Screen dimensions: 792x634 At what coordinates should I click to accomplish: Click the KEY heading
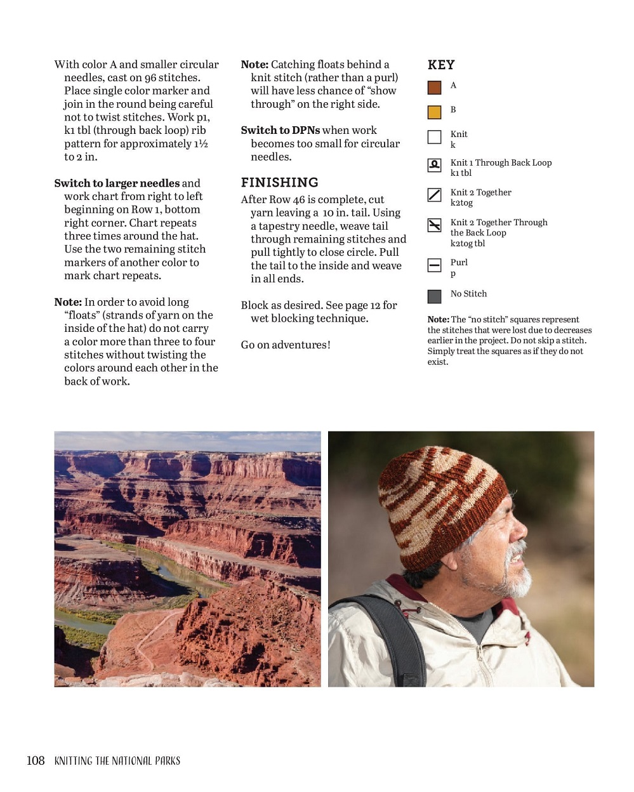(441, 65)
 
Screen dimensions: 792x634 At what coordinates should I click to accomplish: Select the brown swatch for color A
(434, 88)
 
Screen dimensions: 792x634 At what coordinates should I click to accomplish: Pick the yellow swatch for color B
(434, 112)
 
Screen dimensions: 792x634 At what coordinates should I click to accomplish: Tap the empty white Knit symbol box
(434, 137)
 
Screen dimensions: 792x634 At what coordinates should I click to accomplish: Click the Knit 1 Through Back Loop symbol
(434, 166)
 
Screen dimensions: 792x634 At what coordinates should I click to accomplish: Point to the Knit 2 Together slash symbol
(434, 195)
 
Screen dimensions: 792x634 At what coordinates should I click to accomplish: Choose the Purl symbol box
(434, 265)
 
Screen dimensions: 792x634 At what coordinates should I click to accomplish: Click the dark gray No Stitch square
(434, 296)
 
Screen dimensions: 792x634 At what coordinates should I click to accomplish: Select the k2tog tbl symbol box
(434, 225)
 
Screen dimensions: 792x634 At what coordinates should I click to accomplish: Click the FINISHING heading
(279, 183)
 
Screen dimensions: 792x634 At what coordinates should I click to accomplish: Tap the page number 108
(36, 760)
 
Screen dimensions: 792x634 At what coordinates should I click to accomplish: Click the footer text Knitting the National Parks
(117, 761)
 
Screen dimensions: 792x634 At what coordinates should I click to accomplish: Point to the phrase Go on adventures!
(286, 345)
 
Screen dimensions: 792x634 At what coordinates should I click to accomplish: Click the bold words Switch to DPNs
(281, 130)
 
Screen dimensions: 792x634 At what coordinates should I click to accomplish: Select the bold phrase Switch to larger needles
(117, 183)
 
